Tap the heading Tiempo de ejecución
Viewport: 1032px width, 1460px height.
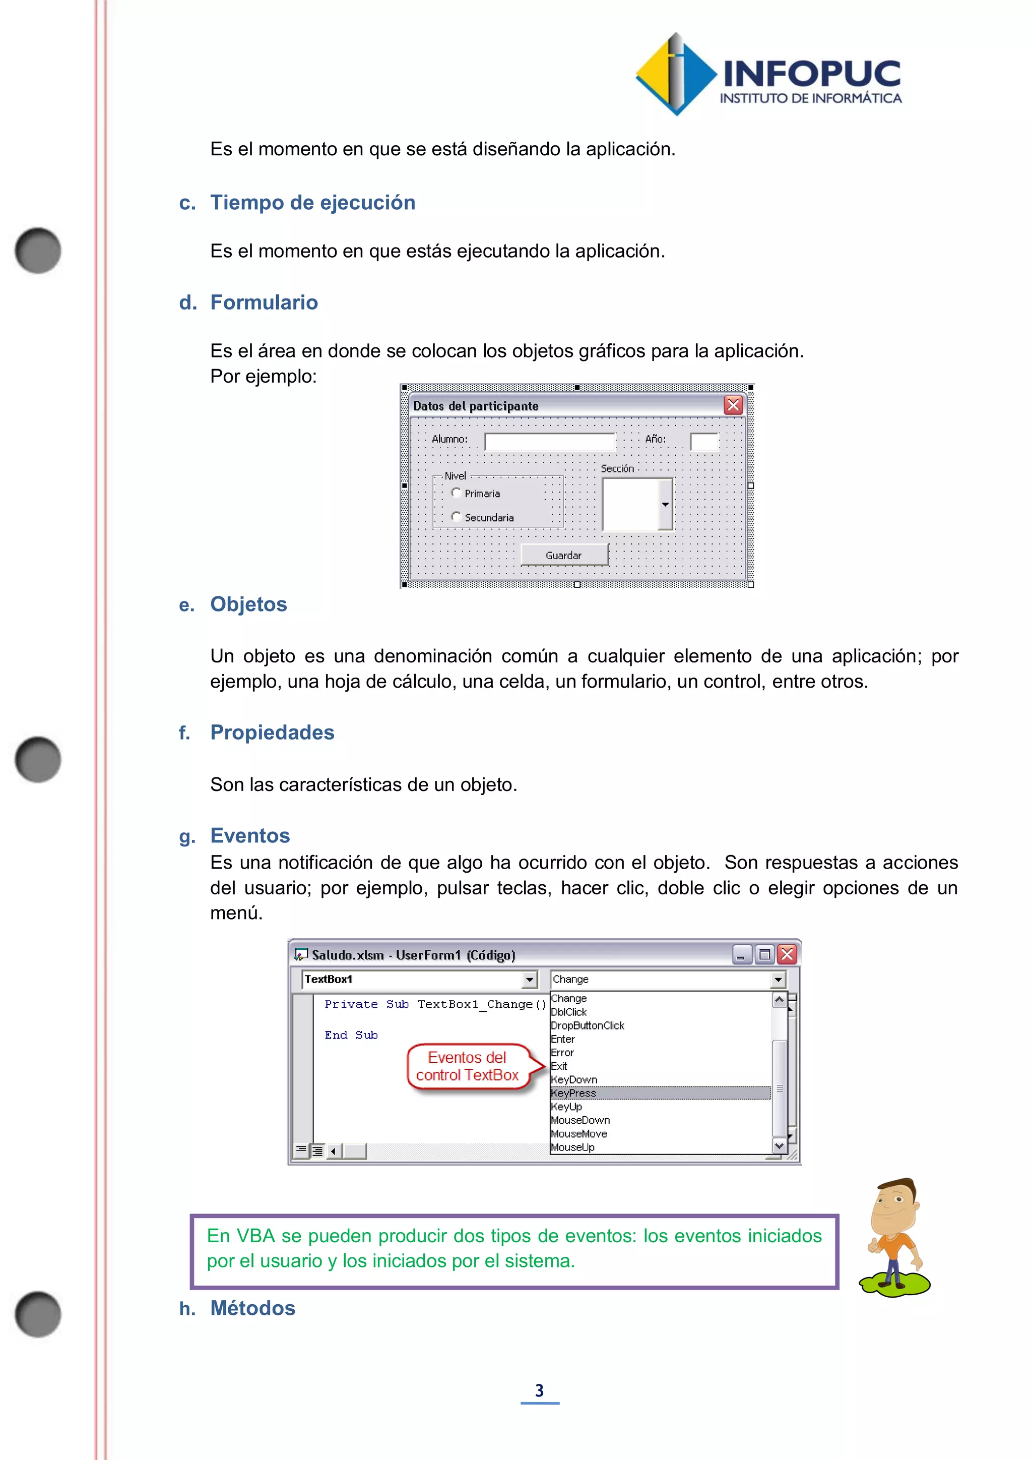click(x=312, y=202)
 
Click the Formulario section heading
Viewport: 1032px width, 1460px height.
click(x=264, y=302)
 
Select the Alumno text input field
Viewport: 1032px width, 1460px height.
click(x=550, y=441)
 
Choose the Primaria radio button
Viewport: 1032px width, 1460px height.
click(x=456, y=493)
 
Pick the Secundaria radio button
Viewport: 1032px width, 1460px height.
click(x=456, y=516)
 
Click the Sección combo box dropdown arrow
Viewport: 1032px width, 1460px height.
click(x=665, y=504)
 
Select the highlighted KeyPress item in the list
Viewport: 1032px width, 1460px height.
click(x=574, y=1093)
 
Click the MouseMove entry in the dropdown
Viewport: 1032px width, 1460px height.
click(x=579, y=1134)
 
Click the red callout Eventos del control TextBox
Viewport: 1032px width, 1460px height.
click(x=468, y=1066)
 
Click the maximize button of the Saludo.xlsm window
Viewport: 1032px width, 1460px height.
click(x=764, y=954)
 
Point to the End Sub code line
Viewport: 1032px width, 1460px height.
click(x=351, y=1035)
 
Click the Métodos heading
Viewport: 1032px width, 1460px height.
click(x=253, y=1308)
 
